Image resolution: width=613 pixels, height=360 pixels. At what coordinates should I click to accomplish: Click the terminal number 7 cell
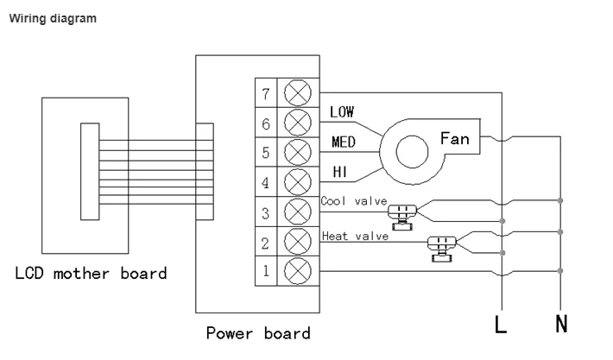[x=266, y=93]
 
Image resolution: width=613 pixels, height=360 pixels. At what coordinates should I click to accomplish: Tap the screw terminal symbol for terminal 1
[x=298, y=271]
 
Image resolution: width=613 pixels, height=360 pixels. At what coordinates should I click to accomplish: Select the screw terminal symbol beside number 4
[x=298, y=182]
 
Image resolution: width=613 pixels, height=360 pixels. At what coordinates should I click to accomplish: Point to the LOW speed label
[x=342, y=112]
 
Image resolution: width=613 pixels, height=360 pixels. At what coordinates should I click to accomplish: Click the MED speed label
[x=344, y=142]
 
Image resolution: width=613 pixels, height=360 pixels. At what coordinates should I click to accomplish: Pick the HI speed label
[x=339, y=172]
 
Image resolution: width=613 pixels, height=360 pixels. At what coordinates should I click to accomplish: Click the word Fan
[x=454, y=139]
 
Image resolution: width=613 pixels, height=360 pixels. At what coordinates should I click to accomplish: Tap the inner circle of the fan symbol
[x=412, y=152]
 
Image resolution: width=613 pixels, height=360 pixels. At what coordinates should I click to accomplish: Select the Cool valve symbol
[x=402, y=217]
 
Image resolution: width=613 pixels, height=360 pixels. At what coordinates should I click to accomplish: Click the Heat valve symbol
[x=442, y=249]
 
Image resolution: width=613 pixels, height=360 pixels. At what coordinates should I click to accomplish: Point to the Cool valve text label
[x=354, y=201]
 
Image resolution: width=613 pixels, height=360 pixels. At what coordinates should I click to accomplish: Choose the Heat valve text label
[x=355, y=236]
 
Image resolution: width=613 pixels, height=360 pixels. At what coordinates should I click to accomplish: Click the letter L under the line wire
[x=501, y=324]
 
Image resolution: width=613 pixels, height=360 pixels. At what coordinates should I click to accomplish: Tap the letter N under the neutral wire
[x=561, y=324]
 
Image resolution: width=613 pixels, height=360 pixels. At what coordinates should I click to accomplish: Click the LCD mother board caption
[x=91, y=273]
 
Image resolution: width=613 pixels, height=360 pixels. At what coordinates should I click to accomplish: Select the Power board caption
[x=258, y=333]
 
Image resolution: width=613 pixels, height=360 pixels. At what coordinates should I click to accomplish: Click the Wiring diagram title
[x=53, y=18]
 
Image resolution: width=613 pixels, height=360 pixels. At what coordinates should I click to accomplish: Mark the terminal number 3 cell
[x=266, y=212]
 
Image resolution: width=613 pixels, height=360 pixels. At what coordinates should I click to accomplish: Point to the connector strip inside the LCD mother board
[x=90, y=172]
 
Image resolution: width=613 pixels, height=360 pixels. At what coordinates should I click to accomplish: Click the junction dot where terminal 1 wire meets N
[x=560, y=271]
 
